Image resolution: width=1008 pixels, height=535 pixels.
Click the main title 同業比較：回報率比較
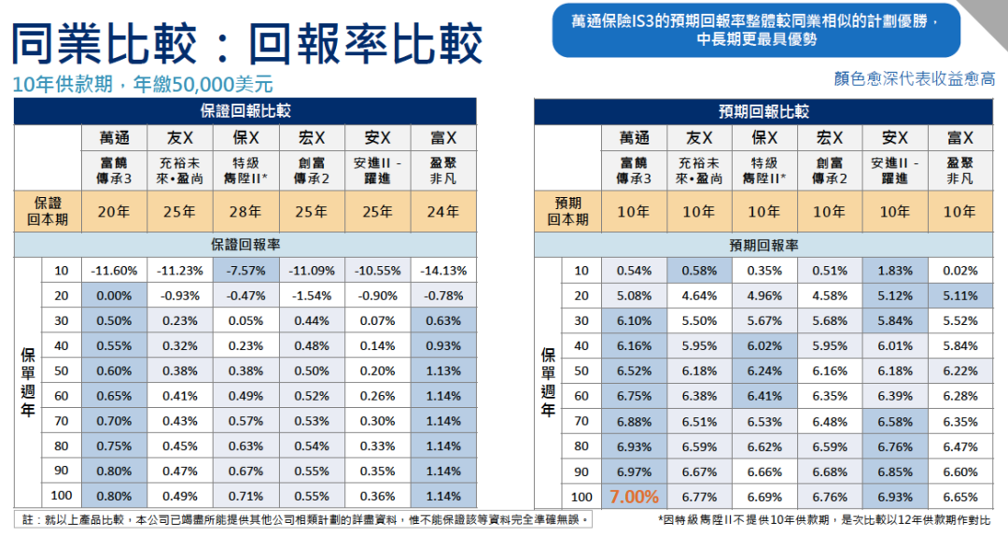tap(246, 42)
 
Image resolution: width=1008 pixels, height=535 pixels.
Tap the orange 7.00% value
tap(634, 496)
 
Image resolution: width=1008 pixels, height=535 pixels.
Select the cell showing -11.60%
tap(114, 271)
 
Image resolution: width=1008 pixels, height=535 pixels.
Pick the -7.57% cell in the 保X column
tap(245, 271)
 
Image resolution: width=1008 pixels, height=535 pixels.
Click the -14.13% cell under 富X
tap(442, 271)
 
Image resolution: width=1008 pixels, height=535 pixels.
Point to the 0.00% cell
tap(114, 296)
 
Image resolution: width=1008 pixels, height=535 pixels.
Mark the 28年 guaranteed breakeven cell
tap(245, 212)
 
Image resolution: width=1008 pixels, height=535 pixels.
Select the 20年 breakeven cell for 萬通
tap(114, 212)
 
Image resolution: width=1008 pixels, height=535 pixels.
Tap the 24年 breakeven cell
tap(442, 212)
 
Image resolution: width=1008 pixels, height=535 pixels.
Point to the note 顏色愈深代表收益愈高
tap(914, 79)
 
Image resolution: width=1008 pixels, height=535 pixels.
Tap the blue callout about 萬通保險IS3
tap(756, 29)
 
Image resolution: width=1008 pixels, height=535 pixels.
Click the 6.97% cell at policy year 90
tap(634, 472)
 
